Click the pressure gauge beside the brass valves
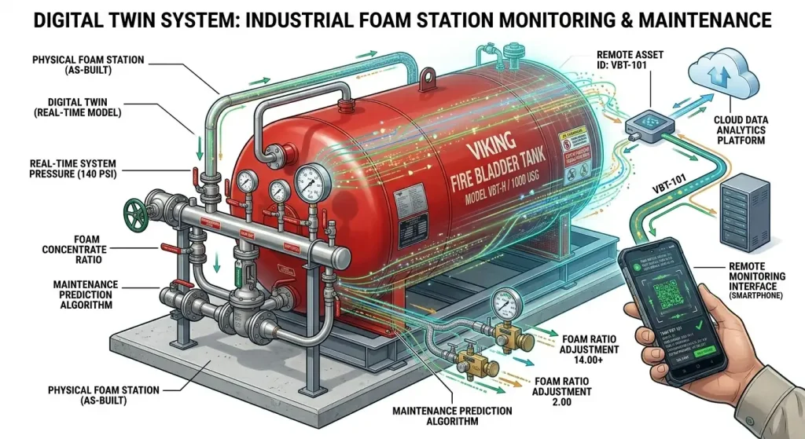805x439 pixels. [503, 303]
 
